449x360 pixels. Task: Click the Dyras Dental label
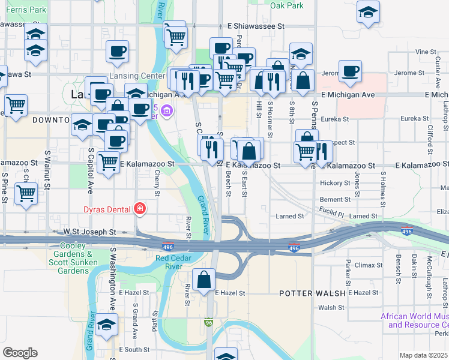pos(108,209)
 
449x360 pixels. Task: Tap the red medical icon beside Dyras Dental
pos(139,209)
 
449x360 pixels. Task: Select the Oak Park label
pos(286,5)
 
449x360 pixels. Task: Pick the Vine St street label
pos(425,52)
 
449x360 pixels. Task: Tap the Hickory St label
pos(335,182)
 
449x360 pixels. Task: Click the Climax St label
pos(369,265)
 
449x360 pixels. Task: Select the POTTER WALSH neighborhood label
pos(312,293)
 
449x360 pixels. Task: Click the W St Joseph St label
pos(90,231)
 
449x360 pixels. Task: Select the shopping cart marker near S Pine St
pos(26,194)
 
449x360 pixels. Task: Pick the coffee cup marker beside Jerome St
pos(349,71)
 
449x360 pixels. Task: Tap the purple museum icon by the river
pos(167,110)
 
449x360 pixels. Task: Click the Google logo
pos(20,353)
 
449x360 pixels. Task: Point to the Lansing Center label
pos(136,76)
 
